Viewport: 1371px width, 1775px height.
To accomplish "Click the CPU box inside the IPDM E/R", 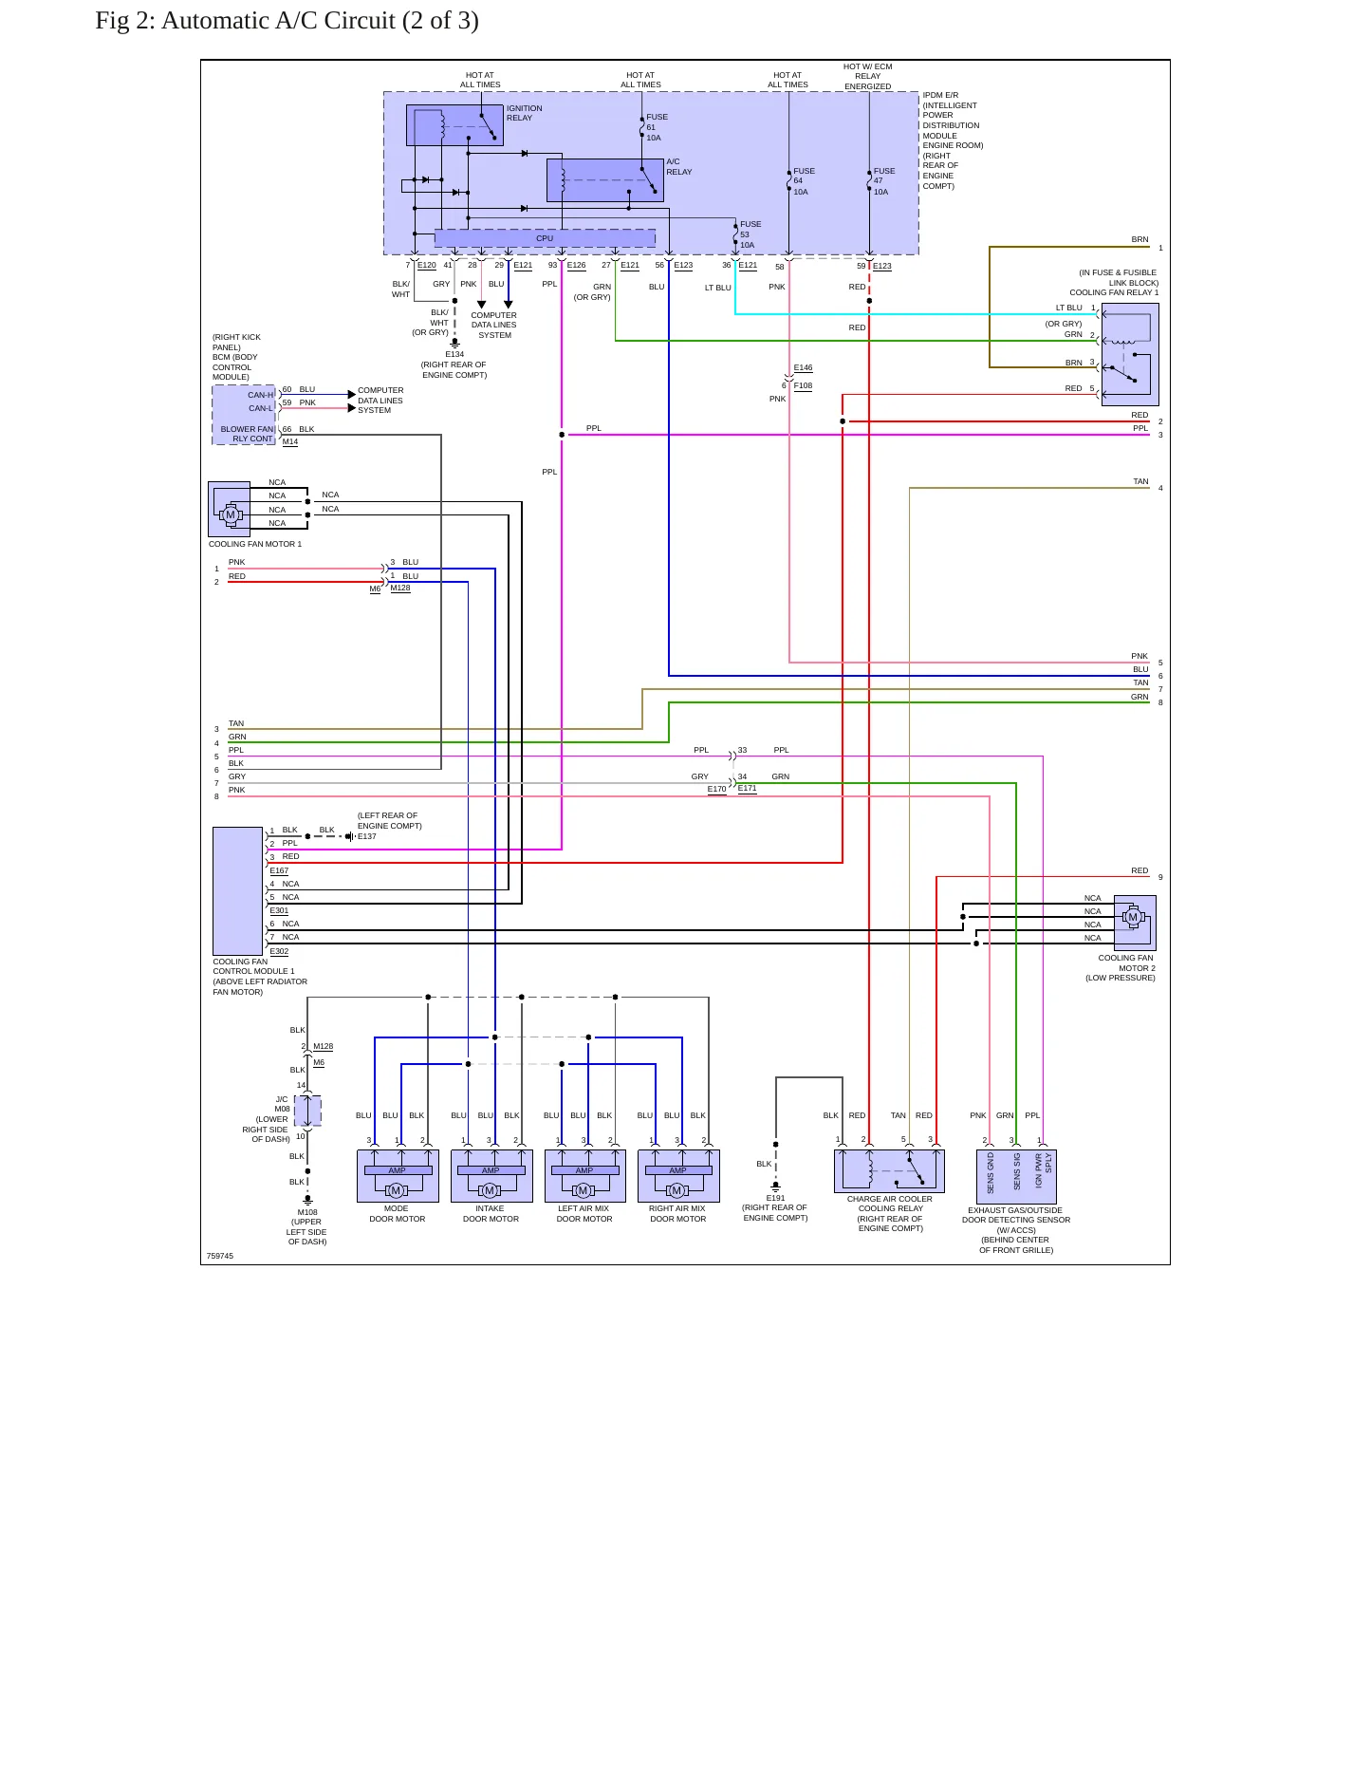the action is point(545,238).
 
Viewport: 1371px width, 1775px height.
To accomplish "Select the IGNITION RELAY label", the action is point(525,113).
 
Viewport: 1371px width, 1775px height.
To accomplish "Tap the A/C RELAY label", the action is point(679,167).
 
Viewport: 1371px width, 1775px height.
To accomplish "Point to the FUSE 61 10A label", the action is point(657,127).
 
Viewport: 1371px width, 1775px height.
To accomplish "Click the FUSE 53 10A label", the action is point(750,234).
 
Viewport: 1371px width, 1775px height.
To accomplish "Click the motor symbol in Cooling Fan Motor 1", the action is point(230,514).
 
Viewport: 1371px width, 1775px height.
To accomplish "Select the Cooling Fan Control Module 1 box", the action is point(237,891).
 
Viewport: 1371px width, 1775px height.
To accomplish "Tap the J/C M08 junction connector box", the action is point(307,1111).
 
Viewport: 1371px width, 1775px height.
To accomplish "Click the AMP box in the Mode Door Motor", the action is point(398,1170).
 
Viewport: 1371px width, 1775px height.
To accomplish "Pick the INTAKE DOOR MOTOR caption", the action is point(491,1214).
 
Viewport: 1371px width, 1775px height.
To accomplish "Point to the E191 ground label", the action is point(775,1198).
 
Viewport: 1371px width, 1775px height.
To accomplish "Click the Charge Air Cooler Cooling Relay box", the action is point(889,1171).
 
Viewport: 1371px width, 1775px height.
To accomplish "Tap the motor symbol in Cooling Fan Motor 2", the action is point(1132,917).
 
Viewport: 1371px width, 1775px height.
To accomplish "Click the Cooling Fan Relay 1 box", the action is point(1130,355).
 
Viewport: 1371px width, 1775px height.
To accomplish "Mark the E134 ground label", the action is point(454,354).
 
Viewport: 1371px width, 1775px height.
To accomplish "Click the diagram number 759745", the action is point(220,1256).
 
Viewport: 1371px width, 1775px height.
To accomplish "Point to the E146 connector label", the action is point(803,367).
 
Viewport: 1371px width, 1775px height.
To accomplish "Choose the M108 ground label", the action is point(307,1212).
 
